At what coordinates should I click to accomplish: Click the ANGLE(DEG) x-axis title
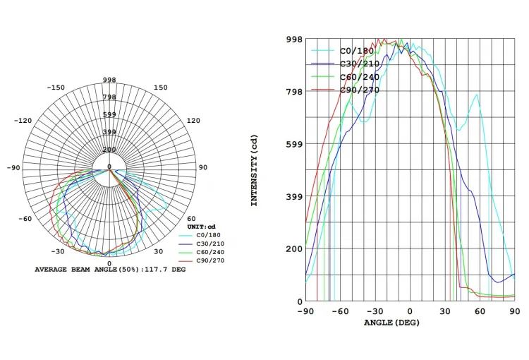click(x=394, y=323)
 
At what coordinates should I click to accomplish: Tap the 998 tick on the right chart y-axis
click(x=293, y=40)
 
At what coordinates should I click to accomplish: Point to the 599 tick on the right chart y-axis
click(x=293, y=144)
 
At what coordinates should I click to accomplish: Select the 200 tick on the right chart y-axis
click(x=293, y=248)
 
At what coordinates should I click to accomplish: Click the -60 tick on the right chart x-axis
click(x=341, y=311)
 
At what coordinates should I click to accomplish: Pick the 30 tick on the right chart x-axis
click(x=445, y=311)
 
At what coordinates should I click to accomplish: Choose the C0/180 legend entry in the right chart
click(x=357, y=50)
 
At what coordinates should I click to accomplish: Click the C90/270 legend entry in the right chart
click(x=360, y=90)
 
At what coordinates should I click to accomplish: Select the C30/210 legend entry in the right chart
click(x=360, y=64)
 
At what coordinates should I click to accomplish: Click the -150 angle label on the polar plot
click(x=56, y=88)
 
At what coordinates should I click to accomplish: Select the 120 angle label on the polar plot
click(x=193, y=121)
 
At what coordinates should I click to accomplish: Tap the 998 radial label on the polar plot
click(x=109, y=80)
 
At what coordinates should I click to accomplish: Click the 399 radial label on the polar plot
click(x=109, y=132)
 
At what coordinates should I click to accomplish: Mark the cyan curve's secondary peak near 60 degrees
click(x=478, y=95)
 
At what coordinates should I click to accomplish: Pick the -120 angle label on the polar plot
click(x=23, y=121)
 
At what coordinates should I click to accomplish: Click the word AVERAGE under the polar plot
click(x=52, y=270)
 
